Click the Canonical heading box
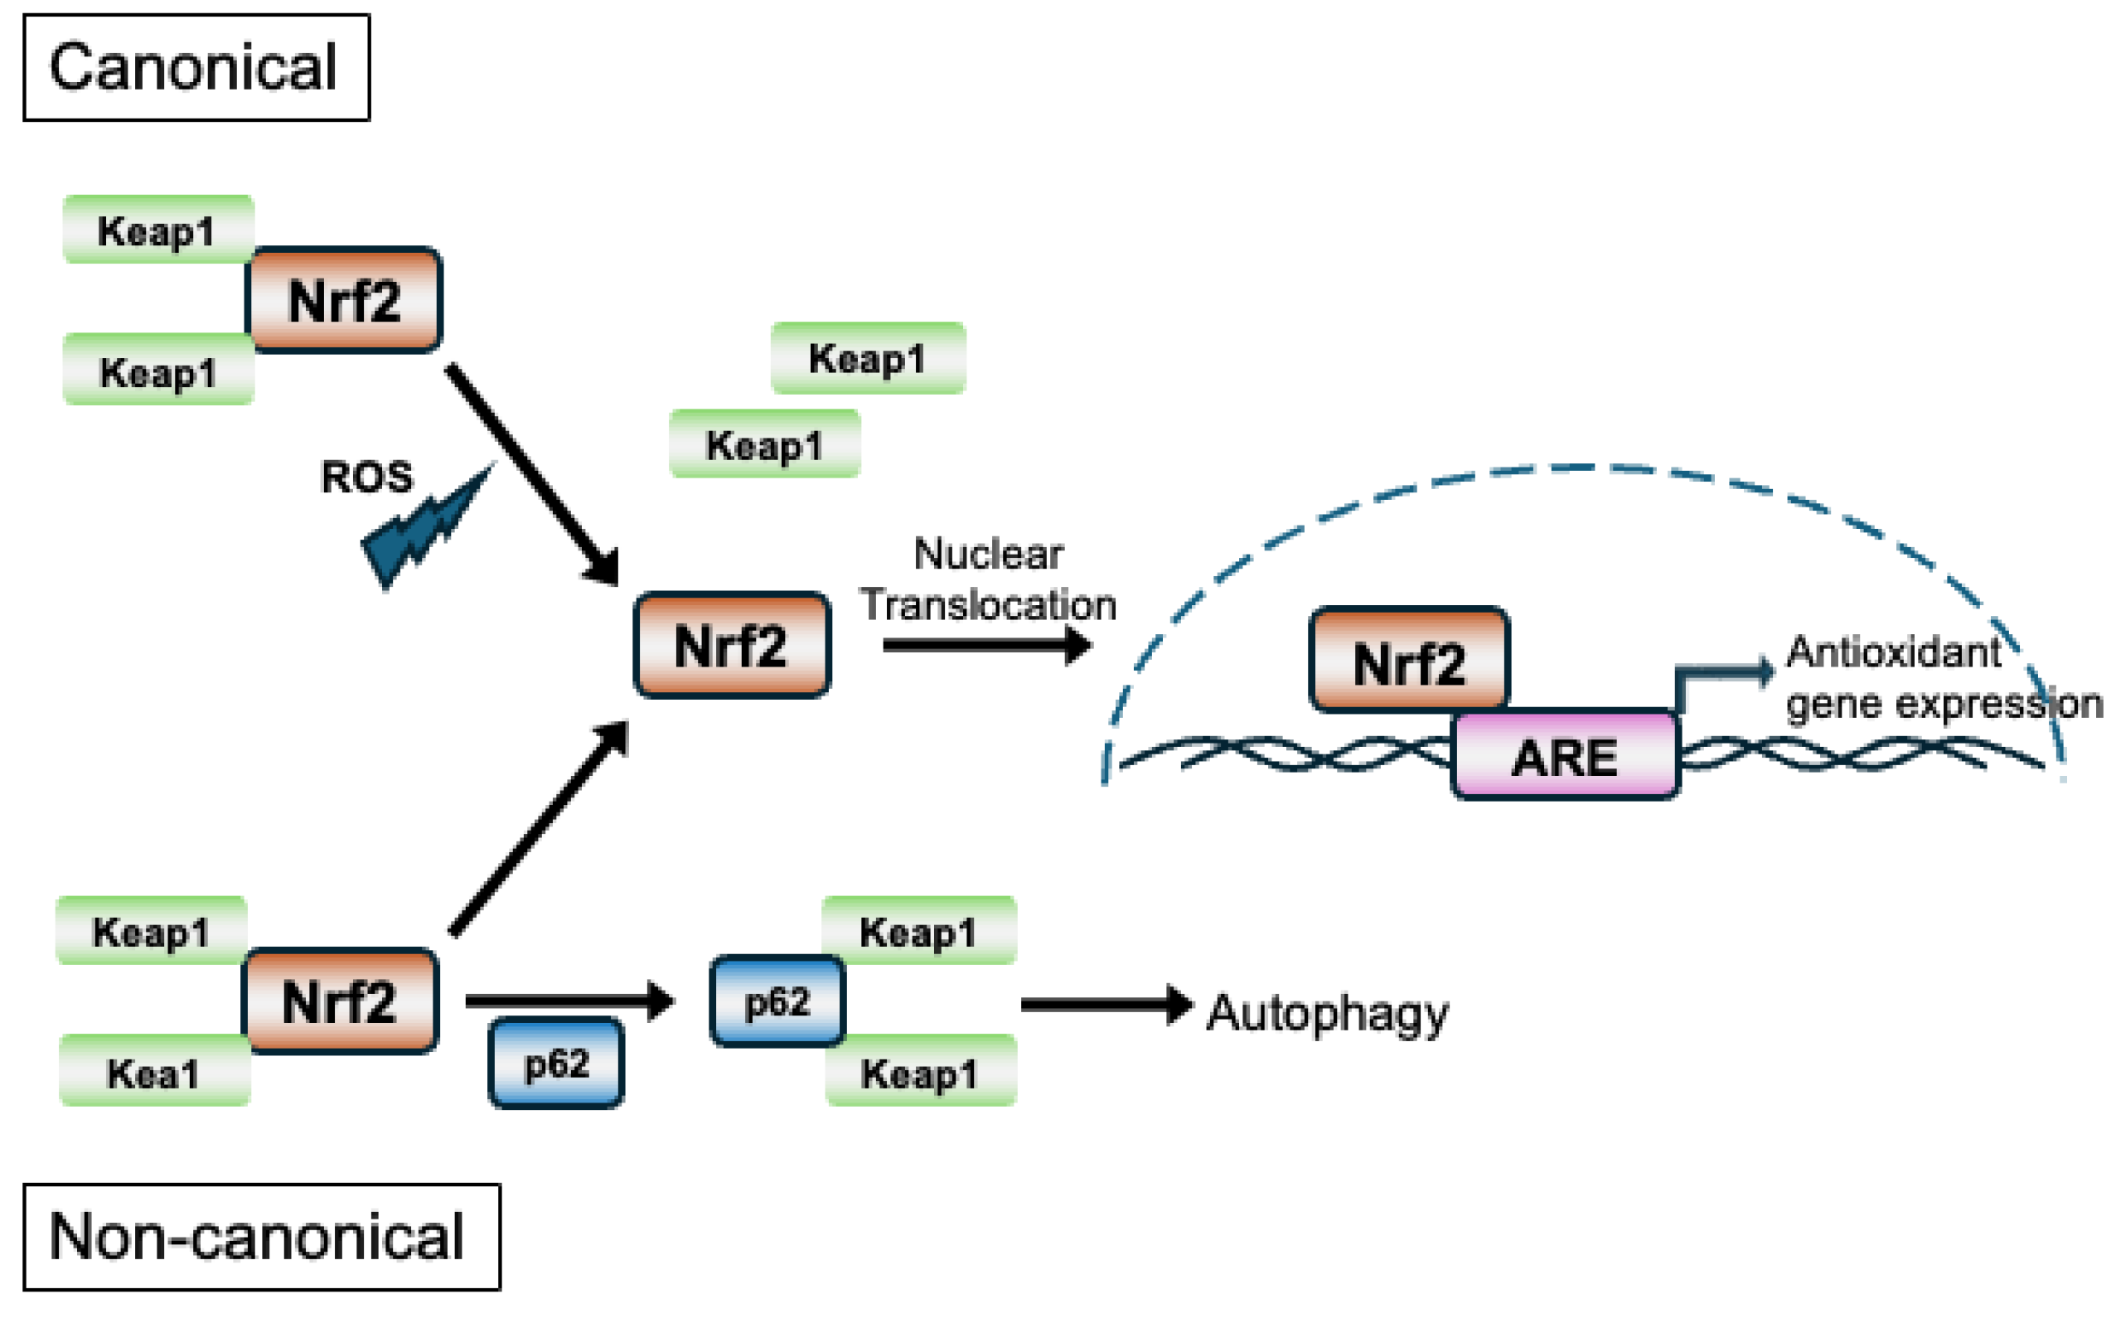(196, 68)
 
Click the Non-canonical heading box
(261, 1237)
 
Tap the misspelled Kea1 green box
(154, 1073)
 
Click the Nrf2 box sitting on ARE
(1408, 661)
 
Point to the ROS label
(366, 477)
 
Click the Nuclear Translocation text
(988, 579)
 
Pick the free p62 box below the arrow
(556, 1064)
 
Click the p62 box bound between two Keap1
(777, 1001)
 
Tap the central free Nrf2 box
(731, 646)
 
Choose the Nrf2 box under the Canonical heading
(344, 300)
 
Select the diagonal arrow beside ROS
(532, 474)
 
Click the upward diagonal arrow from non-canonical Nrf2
(539, 827)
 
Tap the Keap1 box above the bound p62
(918, 931)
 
